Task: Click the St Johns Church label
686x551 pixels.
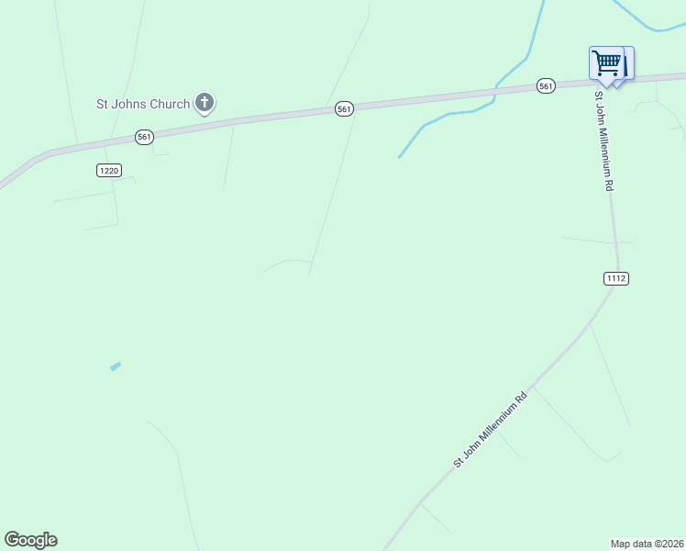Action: [x=143, y=104]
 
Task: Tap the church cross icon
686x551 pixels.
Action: [x=205, y=103]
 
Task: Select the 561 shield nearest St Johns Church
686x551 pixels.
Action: [x=144, y=137]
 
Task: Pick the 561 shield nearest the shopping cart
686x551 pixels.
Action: [x=546, y=86]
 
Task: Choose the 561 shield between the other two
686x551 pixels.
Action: [x=344, y=109]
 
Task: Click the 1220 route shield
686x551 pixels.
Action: [x=108, y=170]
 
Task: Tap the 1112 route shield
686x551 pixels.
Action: [x=616, y=278]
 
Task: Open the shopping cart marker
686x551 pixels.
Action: [x=607, y=64]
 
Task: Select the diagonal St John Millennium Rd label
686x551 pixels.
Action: [x=491, y=430]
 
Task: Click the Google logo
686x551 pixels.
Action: [x=30, y=540]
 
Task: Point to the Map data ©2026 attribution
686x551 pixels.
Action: [x=647, y=544]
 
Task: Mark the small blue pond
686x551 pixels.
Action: [x=116, y=366]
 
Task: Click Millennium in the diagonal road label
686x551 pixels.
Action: [x=495, y=425]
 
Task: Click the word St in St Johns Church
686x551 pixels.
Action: [x=103, y=104]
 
